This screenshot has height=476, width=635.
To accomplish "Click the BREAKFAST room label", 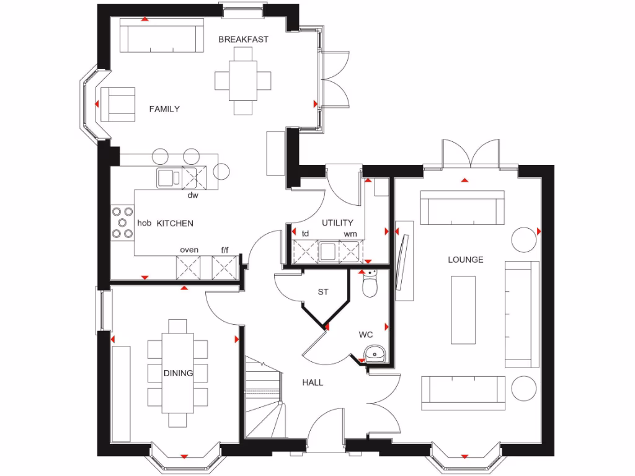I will pyautogui.click(x=243, y=40).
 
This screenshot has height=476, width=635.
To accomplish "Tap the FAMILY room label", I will pyautogui.click(x=164, y=109).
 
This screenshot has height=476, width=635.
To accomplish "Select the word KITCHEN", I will pyautogui.click(x=174, y=223).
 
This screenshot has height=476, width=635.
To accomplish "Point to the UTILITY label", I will pyautogui.click(x=337, y=223).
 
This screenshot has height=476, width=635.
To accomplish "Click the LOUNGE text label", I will pyautogui.click(x=466, y=260).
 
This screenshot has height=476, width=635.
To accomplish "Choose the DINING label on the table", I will pyautogui.click(x=178, y=373).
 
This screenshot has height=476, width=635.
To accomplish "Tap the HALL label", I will pyautogui.click(x=313, y=382).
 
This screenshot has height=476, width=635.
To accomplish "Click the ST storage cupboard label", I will pyautogui.click(x=322, y=291).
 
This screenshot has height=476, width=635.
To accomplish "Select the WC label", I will pyautogui.click(x=365, y=335).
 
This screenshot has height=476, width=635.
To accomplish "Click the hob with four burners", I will pyautogui.click(x=122, y=223).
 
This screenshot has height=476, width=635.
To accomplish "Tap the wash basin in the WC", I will pyautogui.click(x=375, y=354).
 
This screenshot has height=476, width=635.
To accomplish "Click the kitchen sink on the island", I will pyautogui.click(x=168, y=178).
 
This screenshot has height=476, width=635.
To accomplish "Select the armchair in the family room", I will pyautogui.click(x=118, y=104).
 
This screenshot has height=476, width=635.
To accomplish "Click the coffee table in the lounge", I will pyautogui.click(x=463, y=310).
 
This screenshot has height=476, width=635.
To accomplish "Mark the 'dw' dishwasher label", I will pyautogui.click(x=193, y=195).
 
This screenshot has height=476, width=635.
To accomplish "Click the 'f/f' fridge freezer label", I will pyautogui.click(x=225, y=250).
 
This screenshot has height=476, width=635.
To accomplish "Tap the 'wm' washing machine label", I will pyautogui.click(x=350, y=234).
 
